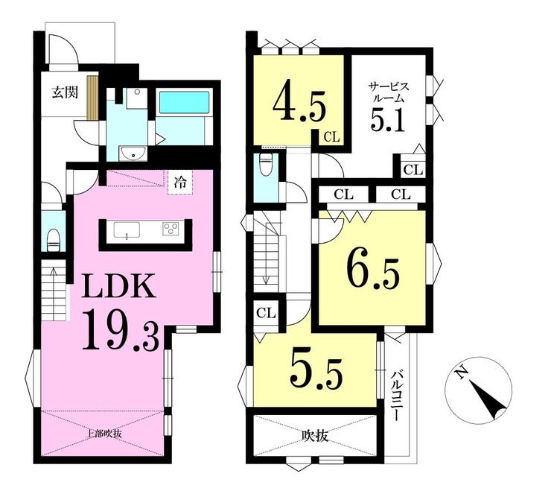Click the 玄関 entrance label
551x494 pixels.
pos(65,92)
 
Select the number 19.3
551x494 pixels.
pos(121,330)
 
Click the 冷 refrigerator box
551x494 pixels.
pos(180,182)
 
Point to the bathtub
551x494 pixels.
pos(185,102)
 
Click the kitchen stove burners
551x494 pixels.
pos(171,229)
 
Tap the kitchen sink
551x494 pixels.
pos(127,229)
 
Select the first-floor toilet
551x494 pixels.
pos(54,238)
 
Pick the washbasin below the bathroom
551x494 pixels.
pos(133,153)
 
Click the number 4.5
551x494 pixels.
pos(299,102)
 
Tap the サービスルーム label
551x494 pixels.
pos(388,92)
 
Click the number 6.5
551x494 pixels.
pos(373,270)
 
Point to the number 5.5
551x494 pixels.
pos(316,373)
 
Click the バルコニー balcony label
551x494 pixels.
pos(396,395)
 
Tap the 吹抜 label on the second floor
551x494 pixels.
pos(315,436)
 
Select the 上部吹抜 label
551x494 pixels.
pos(104,433)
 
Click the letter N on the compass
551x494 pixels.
pos(460,371)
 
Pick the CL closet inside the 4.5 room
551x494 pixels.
pos(332,136)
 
